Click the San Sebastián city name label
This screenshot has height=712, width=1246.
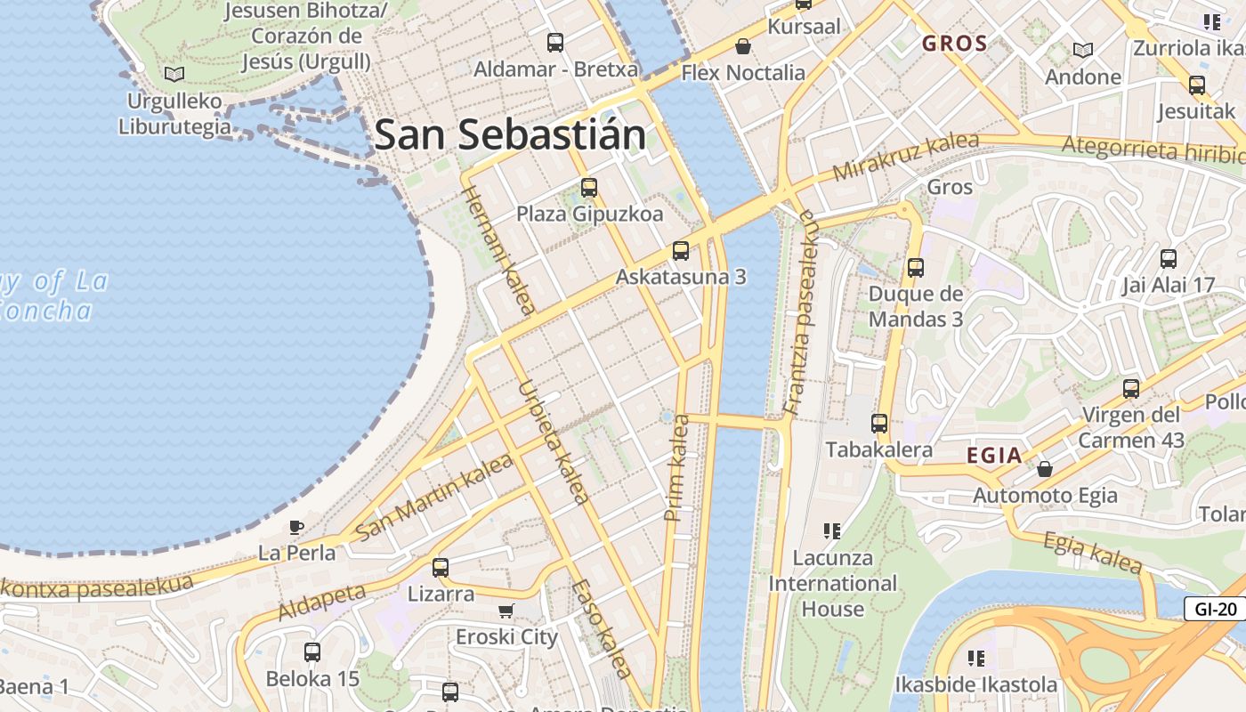coord(510,135)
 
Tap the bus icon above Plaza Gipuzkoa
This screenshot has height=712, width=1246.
coord(589,188)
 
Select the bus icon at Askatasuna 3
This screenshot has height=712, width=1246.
coord(681,250)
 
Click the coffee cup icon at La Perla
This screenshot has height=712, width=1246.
coord(296,527)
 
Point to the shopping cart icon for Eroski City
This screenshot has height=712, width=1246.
coord(506,611)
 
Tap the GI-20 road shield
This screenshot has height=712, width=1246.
coord(1216,610)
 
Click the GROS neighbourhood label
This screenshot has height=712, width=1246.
coord(954,44)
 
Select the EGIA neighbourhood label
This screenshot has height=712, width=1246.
coord(994,456)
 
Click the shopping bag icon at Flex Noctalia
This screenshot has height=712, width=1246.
coord(742,46)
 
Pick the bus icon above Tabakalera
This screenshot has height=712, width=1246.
coord(879,424)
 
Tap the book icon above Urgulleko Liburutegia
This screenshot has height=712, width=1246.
coord(174,74)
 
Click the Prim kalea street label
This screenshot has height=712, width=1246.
coord(677,467)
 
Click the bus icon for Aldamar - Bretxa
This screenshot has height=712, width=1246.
coord(555,42)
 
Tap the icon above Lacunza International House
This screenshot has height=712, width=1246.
coord(832,531)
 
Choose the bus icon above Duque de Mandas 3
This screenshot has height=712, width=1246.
coord(915,267)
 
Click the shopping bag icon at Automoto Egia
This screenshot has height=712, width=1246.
coord(1045,468)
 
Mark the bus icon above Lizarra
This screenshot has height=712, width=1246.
coord(441,567)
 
